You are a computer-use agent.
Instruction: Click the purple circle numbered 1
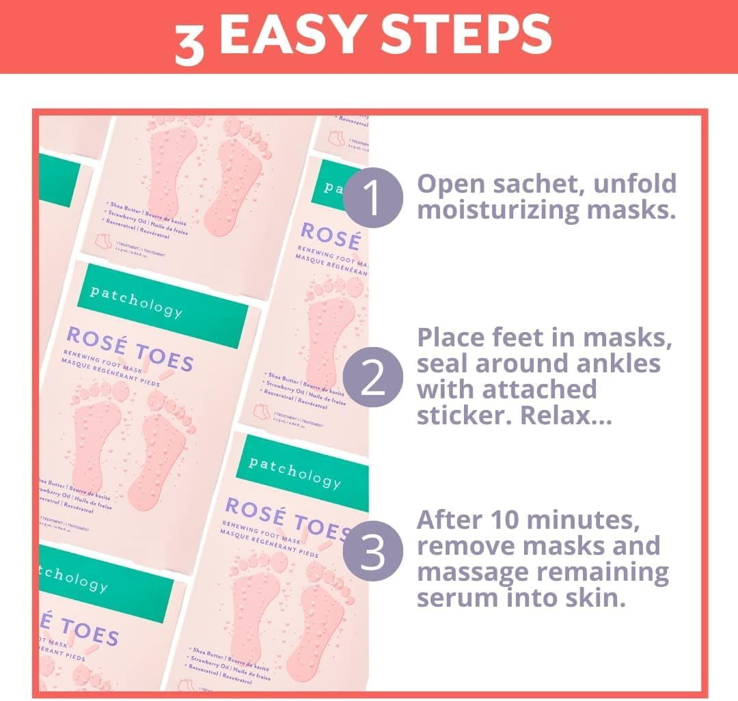pyautogui.click(x=372, y=197)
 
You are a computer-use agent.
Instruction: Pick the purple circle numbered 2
pyautogui.click(x=372, y=377)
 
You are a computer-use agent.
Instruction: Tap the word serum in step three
pyautogui.click(x=456, y=598)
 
